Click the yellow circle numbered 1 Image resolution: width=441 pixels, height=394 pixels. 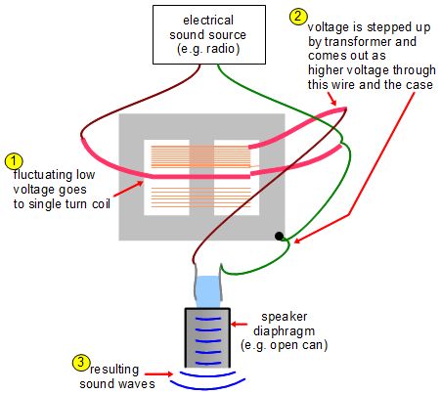click(x=13, y=158)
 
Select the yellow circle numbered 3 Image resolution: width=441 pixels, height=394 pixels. click(x=81, y=362)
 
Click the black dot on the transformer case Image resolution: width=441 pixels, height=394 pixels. click(x=280, y=237)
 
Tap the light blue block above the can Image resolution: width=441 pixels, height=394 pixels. click(x=209, y=289)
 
